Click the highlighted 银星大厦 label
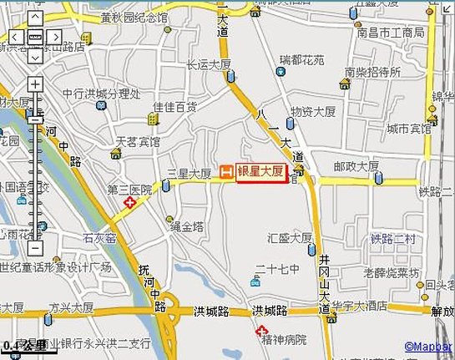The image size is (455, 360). pyautogui.click(x=262, y=172)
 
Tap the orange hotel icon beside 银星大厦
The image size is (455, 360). pyautogui.click(x=225, y=172)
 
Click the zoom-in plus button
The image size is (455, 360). pyautogui.click(x=34, y=84)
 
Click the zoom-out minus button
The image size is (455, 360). pyautogui.click(x=34, y=247)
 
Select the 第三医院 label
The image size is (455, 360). pyautogui.click(x=130, y=190)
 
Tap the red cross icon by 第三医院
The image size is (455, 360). pyautogui.click(x=129, y=203)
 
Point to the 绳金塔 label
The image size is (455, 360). pyautogui.click(x=186, y=226)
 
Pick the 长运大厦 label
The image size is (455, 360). pyautogui.click(x=208, y=63)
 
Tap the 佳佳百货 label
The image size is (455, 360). pyautogui.click(x=174, y=107)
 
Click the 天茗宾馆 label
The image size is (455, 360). pyautogui.click(x=138, y=143)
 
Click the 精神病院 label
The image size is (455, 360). pyautogui.click(x=283, y=340)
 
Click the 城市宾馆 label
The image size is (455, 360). pyautogui.click(x=408, y=129)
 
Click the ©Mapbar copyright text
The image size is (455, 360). pyautogui.click(x=427, y=345)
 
